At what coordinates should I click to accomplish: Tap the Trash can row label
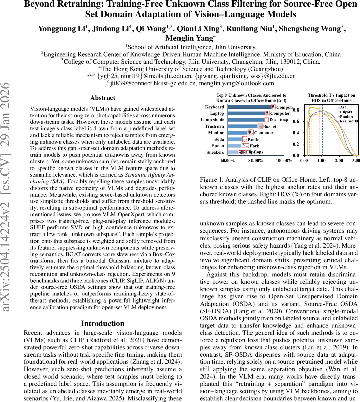(214, 126)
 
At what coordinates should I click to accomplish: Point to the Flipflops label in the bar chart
(255, 152)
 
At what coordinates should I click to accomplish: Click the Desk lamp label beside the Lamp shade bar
(279, 120)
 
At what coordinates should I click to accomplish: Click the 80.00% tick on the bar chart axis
(256, 161)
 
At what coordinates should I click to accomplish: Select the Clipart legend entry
(346, 112)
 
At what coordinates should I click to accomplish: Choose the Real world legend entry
(349, 121)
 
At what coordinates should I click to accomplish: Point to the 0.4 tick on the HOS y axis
(296, 133)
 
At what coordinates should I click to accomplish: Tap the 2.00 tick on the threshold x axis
(339, 161)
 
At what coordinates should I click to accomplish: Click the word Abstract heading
(102, 98)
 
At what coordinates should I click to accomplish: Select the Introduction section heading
(102, 323)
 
